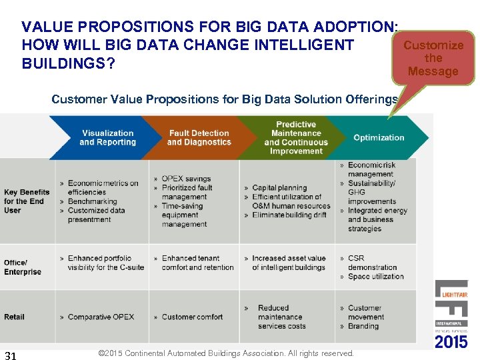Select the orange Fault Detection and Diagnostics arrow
tap(199, 138)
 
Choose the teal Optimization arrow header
tap(379, 138)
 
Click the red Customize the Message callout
tap(433, 58)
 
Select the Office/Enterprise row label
tap(23, 267)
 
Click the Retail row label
tap(14, 317)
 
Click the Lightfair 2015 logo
tap(451, 313)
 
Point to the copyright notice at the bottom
tap(225, 353)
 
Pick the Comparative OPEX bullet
tap(100, 317)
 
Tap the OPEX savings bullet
tap(186, 179)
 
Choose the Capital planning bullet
tap(279, 188)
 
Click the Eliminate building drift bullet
tap(289, 215)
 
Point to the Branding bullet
tap(363, 327)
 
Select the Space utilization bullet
tap(375, 277)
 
